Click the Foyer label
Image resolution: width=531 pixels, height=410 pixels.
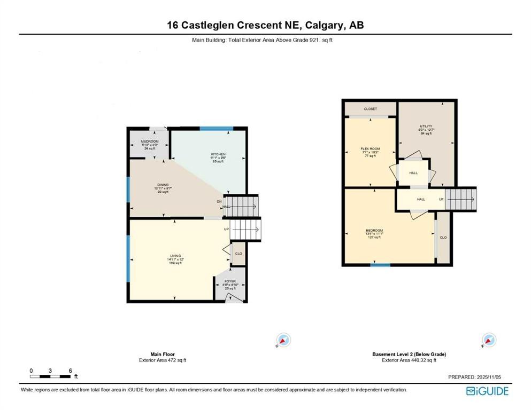click(x=230, y=281)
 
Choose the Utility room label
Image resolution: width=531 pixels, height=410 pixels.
click(x=426, y=126)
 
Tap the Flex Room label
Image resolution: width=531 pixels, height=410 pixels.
click(x=370, y=149)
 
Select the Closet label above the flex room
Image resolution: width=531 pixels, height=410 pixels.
click(x=371, y=109)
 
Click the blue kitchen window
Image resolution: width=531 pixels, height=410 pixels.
click(x=217, y=128)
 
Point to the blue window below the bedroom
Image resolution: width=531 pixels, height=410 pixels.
click(x=380, y=265)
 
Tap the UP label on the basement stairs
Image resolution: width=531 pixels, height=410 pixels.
click(x=441, y=199)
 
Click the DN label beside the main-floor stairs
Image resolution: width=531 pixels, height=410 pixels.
click(x=219, y=201)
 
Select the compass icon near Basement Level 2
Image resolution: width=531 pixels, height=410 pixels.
click(x=488, y=340)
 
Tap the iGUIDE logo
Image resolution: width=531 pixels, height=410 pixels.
click(x=487, y=391)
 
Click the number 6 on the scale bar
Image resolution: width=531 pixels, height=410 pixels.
click(x=70, y=370)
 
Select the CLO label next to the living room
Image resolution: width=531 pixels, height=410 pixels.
click(x=238, y=254)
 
